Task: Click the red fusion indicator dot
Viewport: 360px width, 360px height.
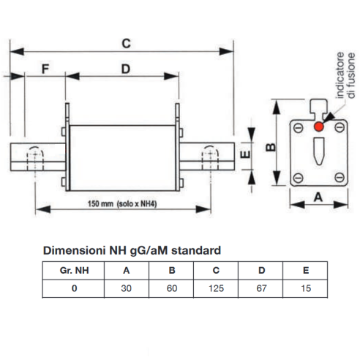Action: click(319, 127)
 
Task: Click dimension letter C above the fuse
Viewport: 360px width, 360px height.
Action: click(126, 44)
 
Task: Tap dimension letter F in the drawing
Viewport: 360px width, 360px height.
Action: click(45, 69)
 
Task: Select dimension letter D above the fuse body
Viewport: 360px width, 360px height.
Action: click(126, 69)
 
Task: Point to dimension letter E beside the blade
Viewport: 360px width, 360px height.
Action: click(245, 154)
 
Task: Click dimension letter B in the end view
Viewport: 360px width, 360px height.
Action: click(271, 147)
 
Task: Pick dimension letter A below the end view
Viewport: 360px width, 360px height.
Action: click(318, 197)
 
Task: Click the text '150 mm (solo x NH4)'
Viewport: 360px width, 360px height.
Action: click(122, 203)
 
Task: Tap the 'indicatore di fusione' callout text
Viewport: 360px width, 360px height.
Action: click(345, 75)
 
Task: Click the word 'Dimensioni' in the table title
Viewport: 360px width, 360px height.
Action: click(75, 250)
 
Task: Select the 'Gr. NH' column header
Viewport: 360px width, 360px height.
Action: click(74, 271)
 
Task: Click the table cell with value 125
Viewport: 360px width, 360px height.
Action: click(216, 288)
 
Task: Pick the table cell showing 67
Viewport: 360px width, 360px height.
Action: click(261, 288)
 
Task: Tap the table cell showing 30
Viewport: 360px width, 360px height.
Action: click(127, 288)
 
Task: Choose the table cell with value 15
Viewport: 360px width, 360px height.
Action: click(306, 288)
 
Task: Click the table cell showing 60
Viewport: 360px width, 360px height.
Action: click(172, 288)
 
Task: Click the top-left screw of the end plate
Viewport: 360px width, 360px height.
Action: click(298, 128)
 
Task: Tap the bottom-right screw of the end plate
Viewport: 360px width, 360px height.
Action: click(340, 177)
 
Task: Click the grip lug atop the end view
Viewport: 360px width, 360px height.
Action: click(318, 108)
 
